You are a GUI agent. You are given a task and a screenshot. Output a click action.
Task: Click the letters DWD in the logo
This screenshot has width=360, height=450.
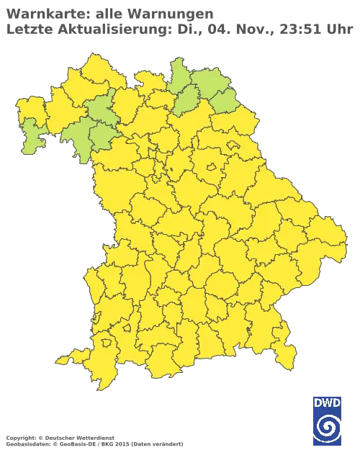(x=328, y=402)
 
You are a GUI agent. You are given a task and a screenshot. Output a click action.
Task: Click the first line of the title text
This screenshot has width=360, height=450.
(x=108, y=14)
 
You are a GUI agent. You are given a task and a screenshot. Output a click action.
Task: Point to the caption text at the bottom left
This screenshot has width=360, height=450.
(x=94, y=438)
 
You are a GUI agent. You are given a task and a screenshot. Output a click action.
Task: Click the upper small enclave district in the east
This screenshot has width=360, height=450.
(x=232, y=144)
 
